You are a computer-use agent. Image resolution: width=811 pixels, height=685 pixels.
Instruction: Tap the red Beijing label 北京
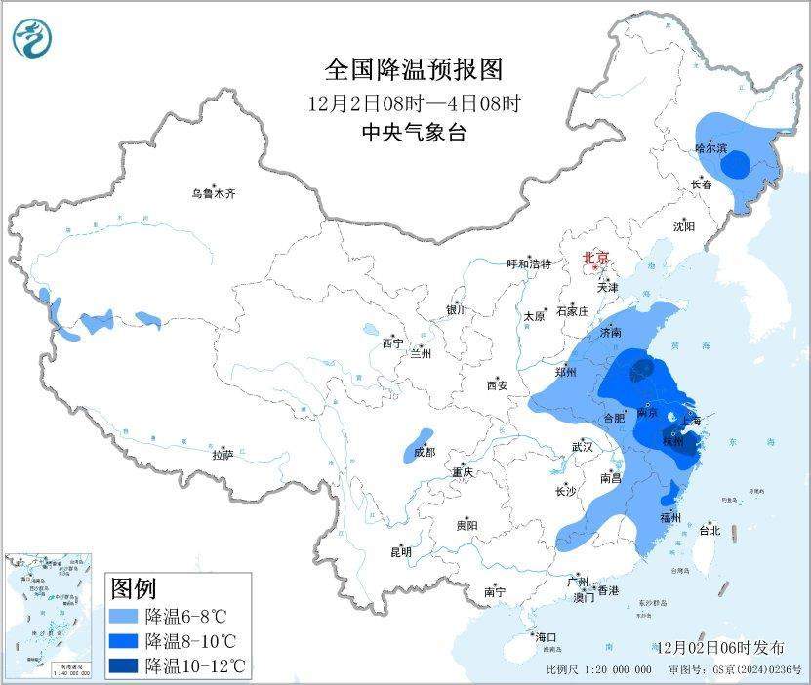pyautogui.click(x=595, y=258)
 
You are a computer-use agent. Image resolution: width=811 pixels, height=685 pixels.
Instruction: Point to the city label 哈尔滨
pyautogui.click(x=710, y=149)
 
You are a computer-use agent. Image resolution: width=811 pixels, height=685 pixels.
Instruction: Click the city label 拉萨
pyautogui.click(x=223, y=455)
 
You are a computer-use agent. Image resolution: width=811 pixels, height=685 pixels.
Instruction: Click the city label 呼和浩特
pyautogui.click(x=529, y=264)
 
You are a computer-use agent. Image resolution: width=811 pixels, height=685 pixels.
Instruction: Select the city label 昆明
pyautogui.click(x=401, y=552)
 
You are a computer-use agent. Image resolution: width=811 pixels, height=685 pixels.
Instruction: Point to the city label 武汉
pyautogui.click(x=584, y=447)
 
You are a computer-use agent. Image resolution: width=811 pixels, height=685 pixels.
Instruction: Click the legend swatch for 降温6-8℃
pyautogui.click(x=124, y=616)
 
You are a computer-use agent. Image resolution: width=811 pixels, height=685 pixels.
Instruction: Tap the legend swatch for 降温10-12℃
pyautogui.click(x=124, y=665)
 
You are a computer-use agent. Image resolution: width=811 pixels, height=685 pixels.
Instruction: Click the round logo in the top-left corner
pyautogui.click(x=32, y=38)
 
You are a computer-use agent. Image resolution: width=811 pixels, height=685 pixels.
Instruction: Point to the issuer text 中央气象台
pyautogui.click(x=414, y=134)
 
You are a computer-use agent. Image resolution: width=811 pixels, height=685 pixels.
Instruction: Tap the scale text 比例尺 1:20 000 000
pyautogui.click(x=597, y=670)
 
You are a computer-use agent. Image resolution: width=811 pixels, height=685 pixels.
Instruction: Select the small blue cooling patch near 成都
pyautogui.click(x=418, y=444)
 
